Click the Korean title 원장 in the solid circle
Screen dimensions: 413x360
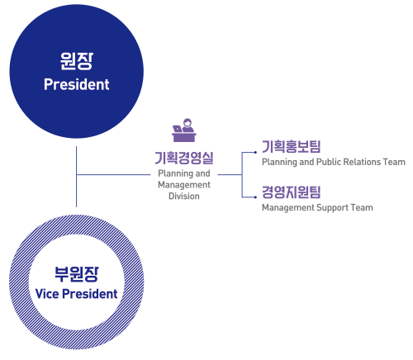point(77,61)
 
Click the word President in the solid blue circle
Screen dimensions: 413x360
point(77,84)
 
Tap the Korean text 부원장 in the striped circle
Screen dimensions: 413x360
point(76,274)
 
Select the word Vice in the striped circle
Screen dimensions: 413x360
point(47,294)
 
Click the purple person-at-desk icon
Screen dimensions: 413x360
point(184,130)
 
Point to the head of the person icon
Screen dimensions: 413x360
point(188,122)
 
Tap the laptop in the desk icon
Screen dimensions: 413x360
point(177,129)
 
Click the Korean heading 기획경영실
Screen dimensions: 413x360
point(184,158)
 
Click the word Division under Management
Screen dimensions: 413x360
point(184,196)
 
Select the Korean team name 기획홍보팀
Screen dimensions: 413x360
point(292,146)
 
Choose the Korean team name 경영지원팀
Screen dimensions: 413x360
point(292,192)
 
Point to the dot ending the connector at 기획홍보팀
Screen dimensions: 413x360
point(255,152)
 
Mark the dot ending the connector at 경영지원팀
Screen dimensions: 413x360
point(255,197)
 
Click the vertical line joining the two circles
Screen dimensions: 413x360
point(76,177)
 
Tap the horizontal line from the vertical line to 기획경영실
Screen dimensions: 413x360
point(113,174)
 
